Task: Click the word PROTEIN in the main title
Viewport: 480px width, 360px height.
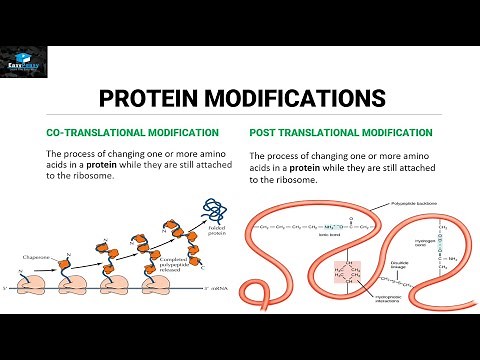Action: pos(157,99)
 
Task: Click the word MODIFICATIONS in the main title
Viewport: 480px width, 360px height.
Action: pos(300,99)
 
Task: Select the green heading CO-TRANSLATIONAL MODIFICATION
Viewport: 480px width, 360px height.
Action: pos(133,132)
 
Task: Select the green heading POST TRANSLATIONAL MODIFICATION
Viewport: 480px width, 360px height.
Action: pos(340,132)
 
